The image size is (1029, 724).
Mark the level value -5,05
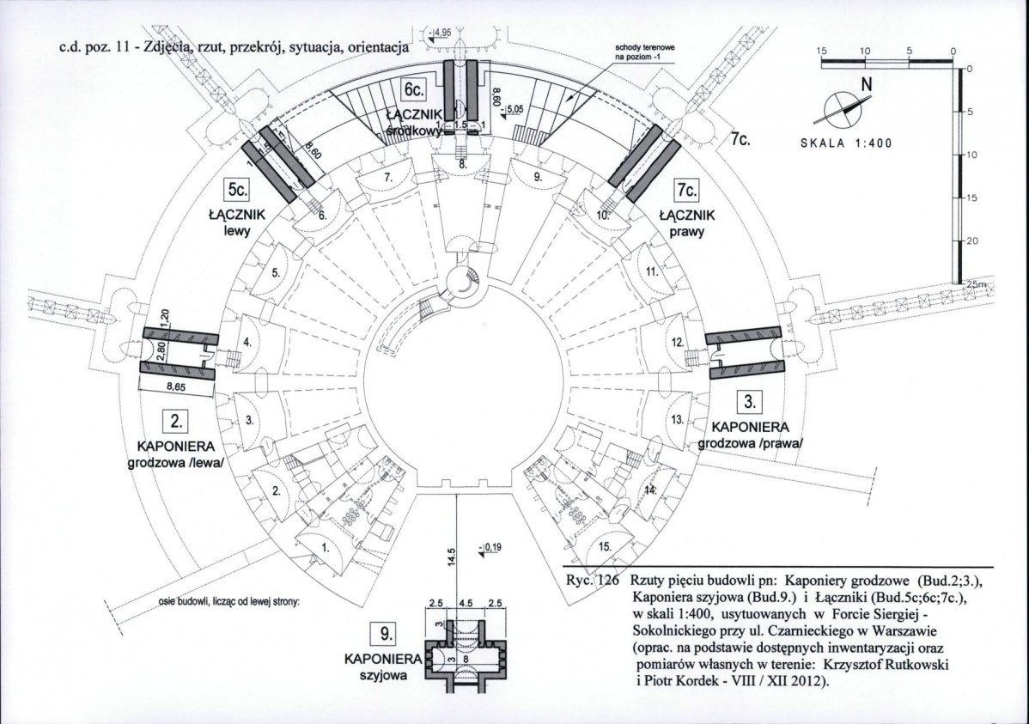513,109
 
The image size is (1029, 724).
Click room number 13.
678,419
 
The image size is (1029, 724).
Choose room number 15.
605,546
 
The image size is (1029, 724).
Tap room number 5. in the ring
276,274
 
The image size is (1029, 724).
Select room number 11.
653,272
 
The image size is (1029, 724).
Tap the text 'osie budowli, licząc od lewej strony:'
229,602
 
